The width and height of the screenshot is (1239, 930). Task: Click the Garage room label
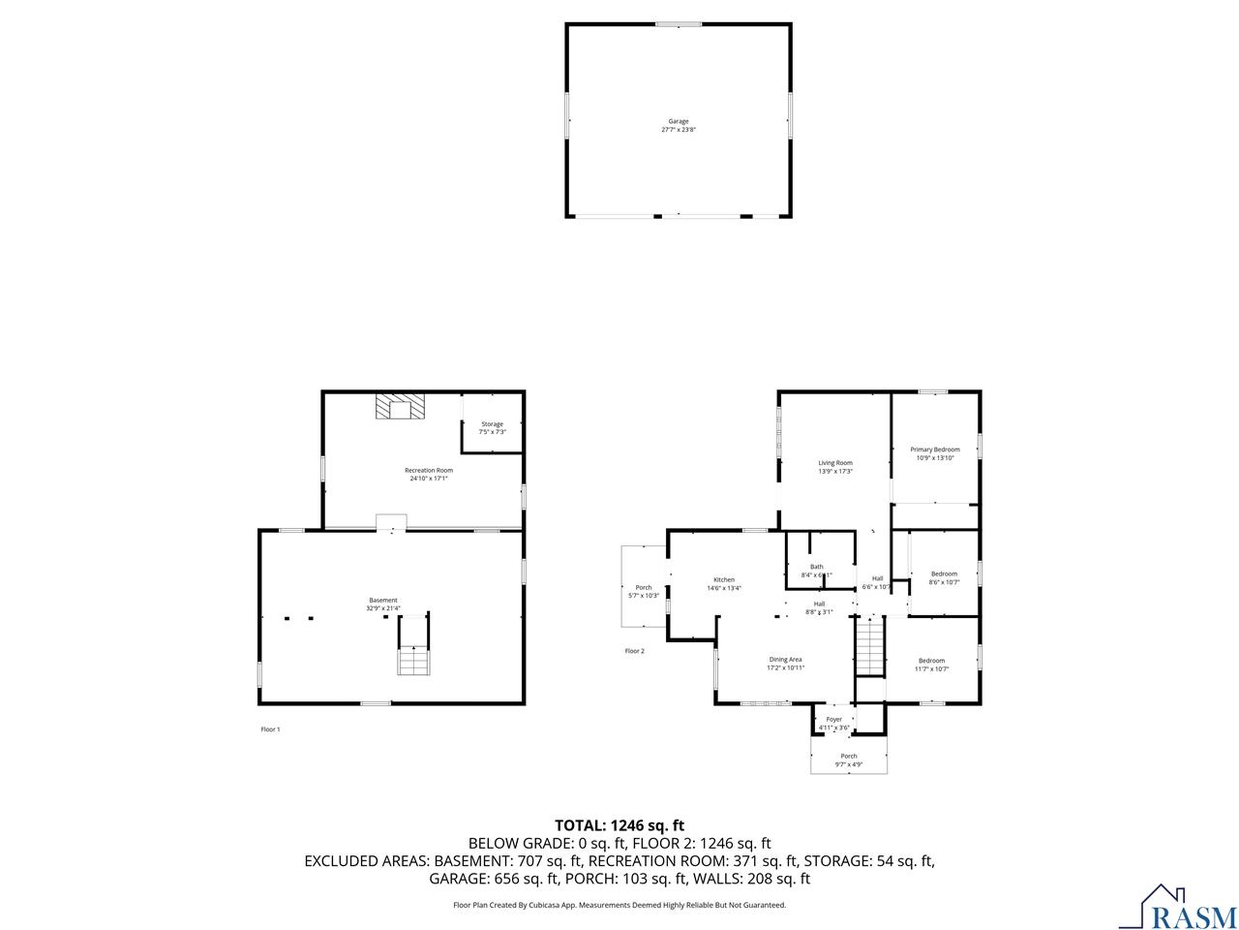pyautogui.click(x=678, y=121)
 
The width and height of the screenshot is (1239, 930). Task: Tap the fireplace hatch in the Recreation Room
pyautogui.click(x=400, y=407)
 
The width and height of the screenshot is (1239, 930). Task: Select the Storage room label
pyautogui.click(x=493, y=424)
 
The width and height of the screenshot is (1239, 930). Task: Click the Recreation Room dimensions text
pyautogui.click(x=428, y=479)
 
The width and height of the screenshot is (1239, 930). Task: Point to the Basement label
pyautogui.click(x=382, y=600)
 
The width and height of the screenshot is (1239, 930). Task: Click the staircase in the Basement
pyautogui.click(x=413, y=660)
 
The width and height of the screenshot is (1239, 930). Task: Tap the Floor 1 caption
pyautogui.click(x=270, y=729)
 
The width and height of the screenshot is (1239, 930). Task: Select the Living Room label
pyautogui.click(x=834, y=463)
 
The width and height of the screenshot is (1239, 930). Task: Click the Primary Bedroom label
pyautogui.click(x=934, y=449)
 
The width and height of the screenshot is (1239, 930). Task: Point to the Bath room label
pyautogui.click(x=817, y=567)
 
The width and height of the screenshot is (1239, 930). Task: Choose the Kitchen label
pyautogui.click(x=724, y=579)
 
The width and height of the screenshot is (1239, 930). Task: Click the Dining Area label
pyautogui.click(x=785, y=659)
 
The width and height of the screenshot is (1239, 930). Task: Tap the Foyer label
pyautogui.click(x=833, y=719)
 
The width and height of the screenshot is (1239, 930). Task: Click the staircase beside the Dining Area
pyautogui.click(x=870, y=647)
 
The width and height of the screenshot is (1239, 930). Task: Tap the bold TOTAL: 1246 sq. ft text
pyautogui.click(x=619, y=825)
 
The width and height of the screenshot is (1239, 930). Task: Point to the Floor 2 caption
pyautogui.click(x=634, y=651)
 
